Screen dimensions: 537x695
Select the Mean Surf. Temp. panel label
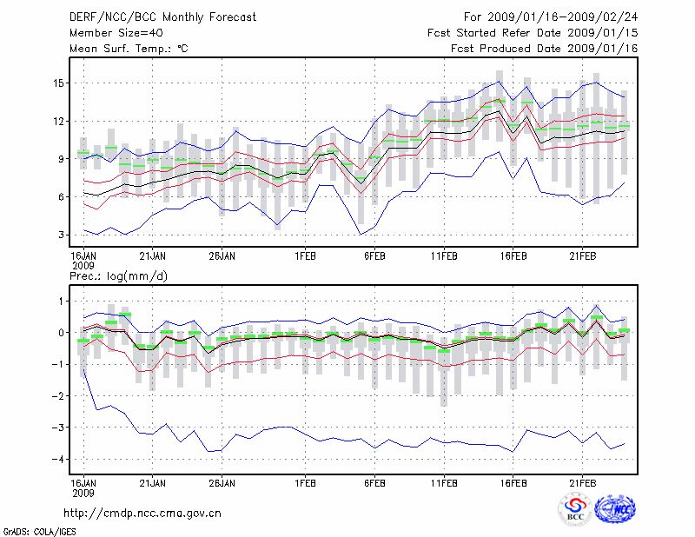(x=128, y=49)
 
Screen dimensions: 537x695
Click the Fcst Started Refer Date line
(x=533, y=32)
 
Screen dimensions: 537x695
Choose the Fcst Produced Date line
(x=545, y=49)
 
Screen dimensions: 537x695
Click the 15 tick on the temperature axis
(x=56, y=83)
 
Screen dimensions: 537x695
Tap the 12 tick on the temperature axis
(x=56, y=121)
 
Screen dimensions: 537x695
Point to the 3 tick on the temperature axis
(x=59, y=235)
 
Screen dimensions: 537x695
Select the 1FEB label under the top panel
(x=305, y=257)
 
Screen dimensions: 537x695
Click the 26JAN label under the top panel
(x=223, y=257)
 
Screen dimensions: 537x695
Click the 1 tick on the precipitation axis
(x=59, y=302)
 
